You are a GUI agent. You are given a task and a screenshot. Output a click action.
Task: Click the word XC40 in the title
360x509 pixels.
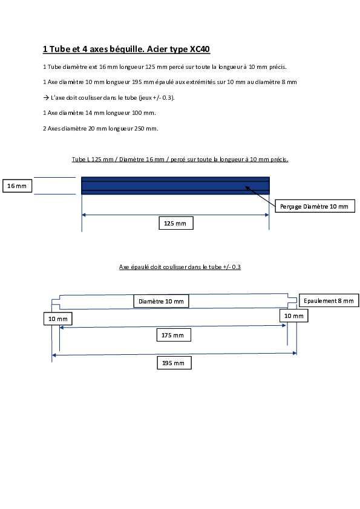tap(200, 49)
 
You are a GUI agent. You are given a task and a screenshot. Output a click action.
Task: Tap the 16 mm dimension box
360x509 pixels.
tap(17, 186)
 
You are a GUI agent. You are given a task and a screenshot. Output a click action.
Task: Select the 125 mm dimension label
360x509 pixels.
tap(176, 223)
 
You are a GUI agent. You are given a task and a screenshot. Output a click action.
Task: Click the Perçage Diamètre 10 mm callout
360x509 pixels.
tap(315, 206)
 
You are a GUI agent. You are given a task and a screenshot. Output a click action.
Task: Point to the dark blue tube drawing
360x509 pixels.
tap(175, 186)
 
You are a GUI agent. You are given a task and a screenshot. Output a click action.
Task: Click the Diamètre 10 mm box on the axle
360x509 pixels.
tap(161, 301)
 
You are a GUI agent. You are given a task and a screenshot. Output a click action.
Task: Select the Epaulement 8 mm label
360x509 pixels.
tap(329, 300)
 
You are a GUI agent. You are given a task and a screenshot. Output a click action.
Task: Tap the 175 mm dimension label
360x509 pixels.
tap(174, 335)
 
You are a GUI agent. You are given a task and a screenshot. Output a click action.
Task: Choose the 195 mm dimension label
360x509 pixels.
tap(174, 363)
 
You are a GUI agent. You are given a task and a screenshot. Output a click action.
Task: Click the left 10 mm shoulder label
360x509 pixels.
tap(58, 319)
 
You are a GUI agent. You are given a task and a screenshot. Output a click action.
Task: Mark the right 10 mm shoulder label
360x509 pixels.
tap(293, 316)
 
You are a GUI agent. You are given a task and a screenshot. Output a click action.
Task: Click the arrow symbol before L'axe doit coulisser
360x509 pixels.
tap(46, 97)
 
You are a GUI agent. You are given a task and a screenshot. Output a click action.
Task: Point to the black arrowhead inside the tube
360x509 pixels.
tap(247, 188)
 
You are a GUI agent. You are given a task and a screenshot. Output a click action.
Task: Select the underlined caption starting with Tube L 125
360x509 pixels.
tap(180, 160)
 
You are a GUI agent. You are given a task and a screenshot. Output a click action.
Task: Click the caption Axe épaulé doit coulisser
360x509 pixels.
tap(180, 267)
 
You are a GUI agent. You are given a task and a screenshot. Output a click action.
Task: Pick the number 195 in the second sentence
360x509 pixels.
tap(137, 82)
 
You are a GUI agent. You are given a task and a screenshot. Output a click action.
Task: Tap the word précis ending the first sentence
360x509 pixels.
tap(278, 67)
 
